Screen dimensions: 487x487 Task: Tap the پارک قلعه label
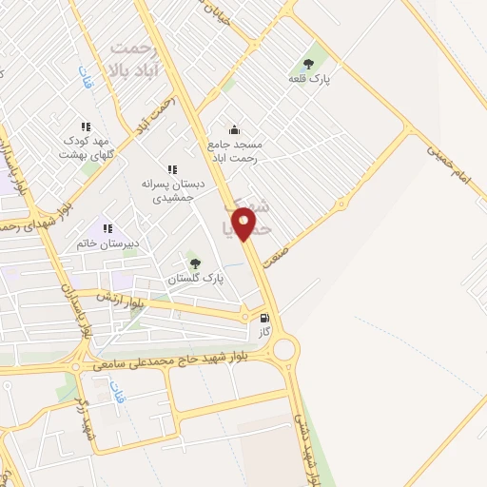[310, 79]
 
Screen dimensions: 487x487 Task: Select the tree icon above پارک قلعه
[310, 62]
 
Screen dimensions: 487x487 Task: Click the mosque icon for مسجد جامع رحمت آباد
[234, 130]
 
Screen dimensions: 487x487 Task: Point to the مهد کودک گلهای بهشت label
[86, 146]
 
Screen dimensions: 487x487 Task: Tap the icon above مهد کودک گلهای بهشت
[86, 126]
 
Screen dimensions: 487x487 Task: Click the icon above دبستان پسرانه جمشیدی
[171, 169]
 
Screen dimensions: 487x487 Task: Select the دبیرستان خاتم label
[107, 243]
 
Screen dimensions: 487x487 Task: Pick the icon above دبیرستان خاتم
[107, 228]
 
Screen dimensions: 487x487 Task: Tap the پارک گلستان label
[194, 279]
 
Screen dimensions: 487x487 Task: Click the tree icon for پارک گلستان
[195, 263]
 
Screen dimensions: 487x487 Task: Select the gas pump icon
[263, 318]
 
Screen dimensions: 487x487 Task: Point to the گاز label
[263, 334]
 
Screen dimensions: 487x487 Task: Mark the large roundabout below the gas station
[282, 348]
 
